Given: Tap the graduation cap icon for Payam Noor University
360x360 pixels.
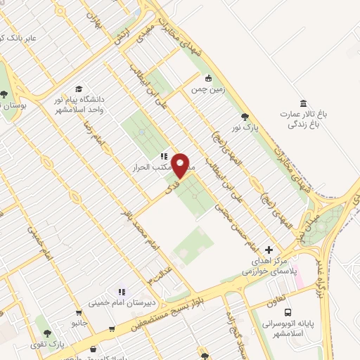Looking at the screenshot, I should click(x=79, y=89).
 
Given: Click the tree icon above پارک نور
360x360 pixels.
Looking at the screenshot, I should click(x=245, y=117).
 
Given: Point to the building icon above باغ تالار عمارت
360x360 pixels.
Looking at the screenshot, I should click(x=302, y=103).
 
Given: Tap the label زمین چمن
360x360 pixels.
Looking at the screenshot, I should click(x=208, y=89).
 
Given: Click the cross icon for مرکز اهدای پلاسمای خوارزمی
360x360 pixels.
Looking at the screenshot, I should click(x=269, y=250).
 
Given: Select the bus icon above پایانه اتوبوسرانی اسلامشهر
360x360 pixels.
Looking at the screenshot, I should click(x=288, y=312).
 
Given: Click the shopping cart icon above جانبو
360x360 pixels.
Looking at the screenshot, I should click(x=78, y=314).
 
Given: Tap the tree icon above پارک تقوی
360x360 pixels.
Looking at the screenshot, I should click(x=47, y=334).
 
